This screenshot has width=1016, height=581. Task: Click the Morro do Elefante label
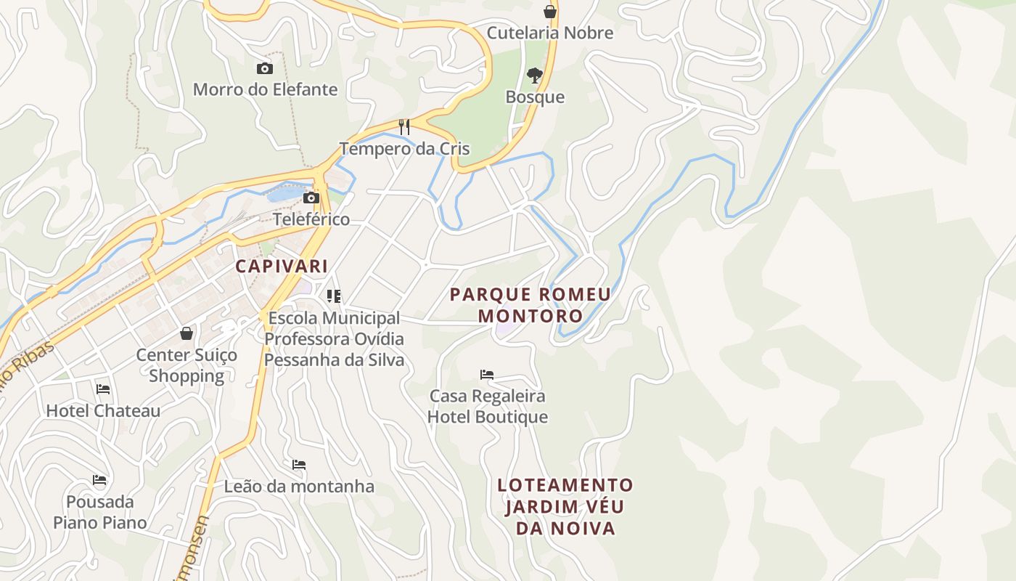point(265,89)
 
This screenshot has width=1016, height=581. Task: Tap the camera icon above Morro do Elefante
point(265,69)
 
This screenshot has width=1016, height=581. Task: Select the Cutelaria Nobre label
point(549,33)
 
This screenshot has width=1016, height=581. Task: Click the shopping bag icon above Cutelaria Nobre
point(550,12)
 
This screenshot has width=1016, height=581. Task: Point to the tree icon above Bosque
point(535,75)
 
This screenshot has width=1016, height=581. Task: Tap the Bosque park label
point(535,97)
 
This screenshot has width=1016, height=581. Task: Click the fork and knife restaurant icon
point(404,127)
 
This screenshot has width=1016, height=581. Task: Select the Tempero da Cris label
point(404,149)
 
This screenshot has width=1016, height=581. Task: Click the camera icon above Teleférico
point(311,198)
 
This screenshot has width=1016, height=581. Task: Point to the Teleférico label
point(311,219)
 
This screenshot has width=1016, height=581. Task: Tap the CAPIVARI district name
point(282,267)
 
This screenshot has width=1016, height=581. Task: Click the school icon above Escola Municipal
point(334,296)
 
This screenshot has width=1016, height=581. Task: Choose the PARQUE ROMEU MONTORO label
point(530,305)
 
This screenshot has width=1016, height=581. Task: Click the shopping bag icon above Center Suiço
point(187,333)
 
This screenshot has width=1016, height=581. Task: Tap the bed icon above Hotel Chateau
point(103,389)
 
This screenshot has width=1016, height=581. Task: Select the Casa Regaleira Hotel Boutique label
point(487,406)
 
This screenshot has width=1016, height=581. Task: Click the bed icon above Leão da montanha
point(299,465)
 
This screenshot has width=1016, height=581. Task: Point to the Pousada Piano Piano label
point(99,512)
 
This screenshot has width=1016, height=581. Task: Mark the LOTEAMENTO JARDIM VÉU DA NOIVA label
point(565,506)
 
